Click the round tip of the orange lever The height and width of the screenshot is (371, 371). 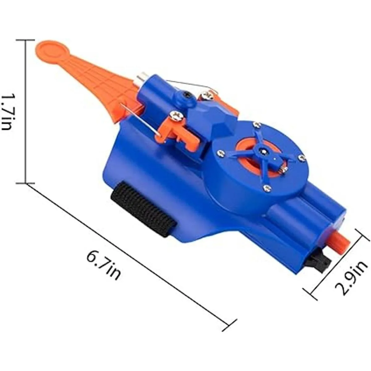52,51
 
